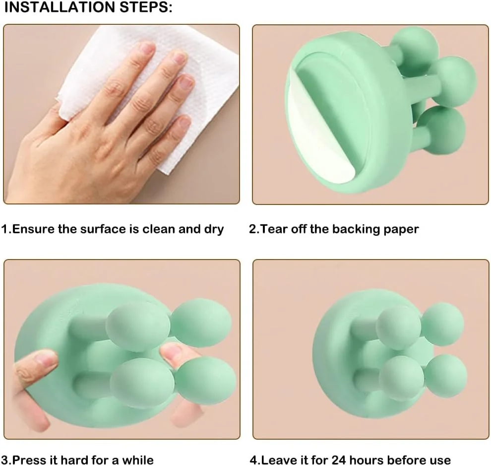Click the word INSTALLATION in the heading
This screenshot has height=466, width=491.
tap(52, 8)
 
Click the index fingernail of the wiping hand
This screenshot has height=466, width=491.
tap(147, 48)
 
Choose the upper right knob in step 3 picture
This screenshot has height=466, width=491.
tap(201, 323)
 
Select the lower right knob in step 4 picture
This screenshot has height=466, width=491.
tap(445, 376)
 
